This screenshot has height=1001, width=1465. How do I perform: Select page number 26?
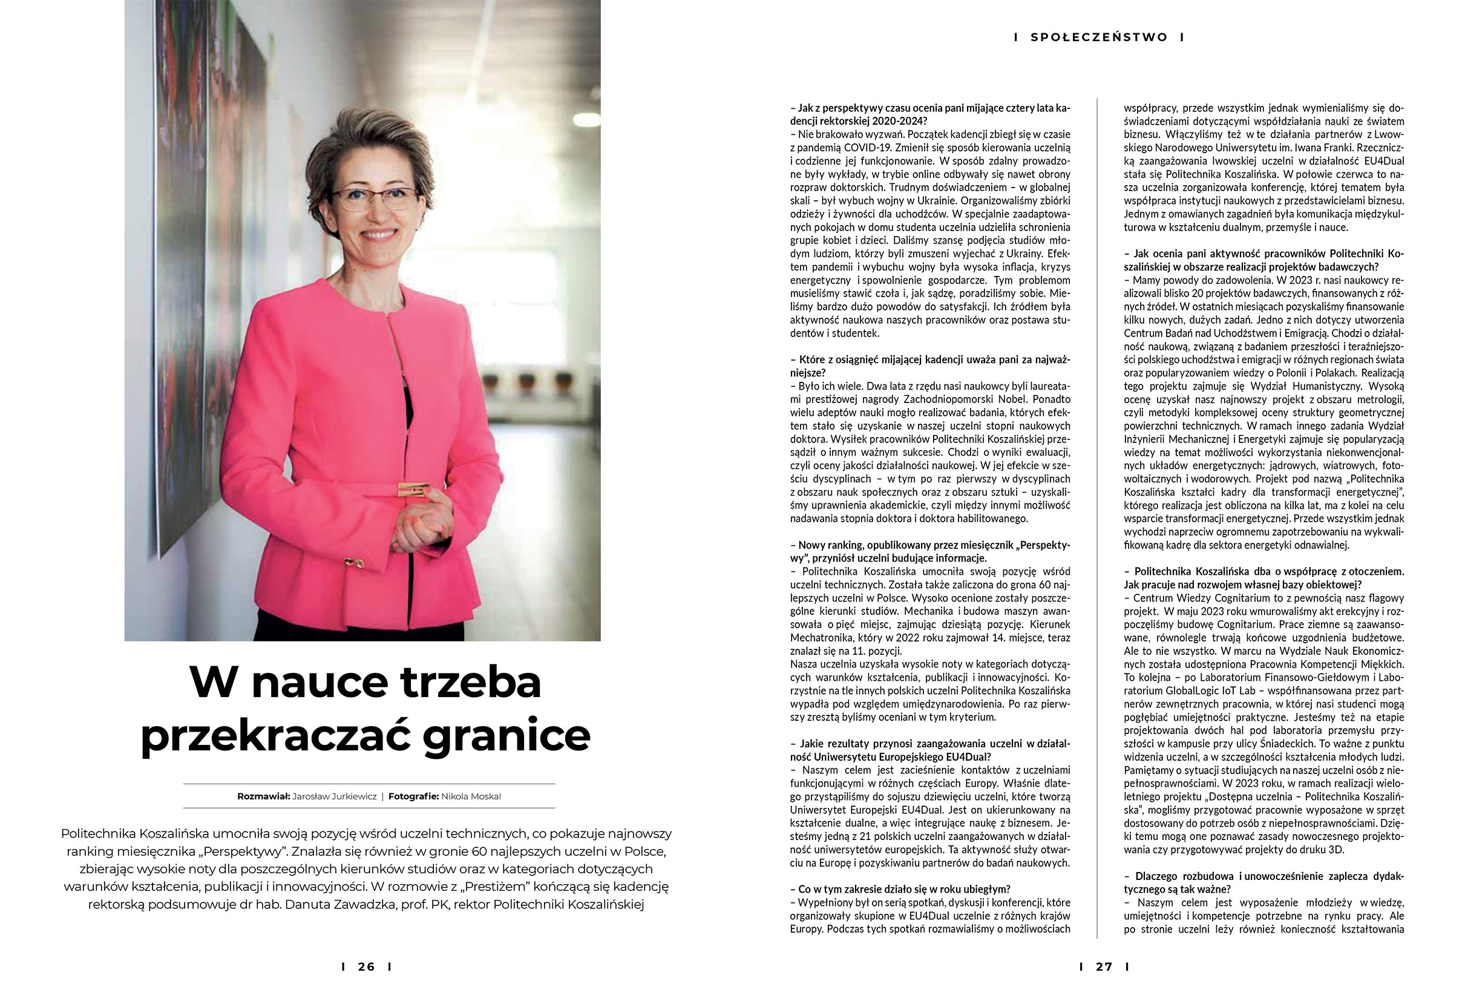tap(366, 967)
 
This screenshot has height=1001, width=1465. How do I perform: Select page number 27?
tap(1104, 967)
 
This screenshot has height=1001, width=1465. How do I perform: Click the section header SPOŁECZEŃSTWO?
tap(1099, 37)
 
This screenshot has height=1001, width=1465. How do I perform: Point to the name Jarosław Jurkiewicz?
tap(334, 796)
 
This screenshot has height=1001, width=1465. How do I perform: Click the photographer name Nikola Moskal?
tap(471, 796)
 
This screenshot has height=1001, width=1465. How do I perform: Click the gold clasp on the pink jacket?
tap(413, 489)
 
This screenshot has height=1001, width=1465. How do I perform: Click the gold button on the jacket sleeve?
tap(353, 562)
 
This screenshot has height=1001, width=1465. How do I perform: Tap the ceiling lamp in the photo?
tap(586, 119)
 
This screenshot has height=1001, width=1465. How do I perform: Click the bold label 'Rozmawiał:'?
tap(263, 796)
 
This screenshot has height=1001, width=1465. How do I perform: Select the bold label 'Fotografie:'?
tap(413, 796)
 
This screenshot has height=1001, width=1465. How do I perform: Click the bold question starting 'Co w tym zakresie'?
tap(904, 889)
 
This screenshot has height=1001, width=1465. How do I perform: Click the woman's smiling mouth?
tap(379, 234)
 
